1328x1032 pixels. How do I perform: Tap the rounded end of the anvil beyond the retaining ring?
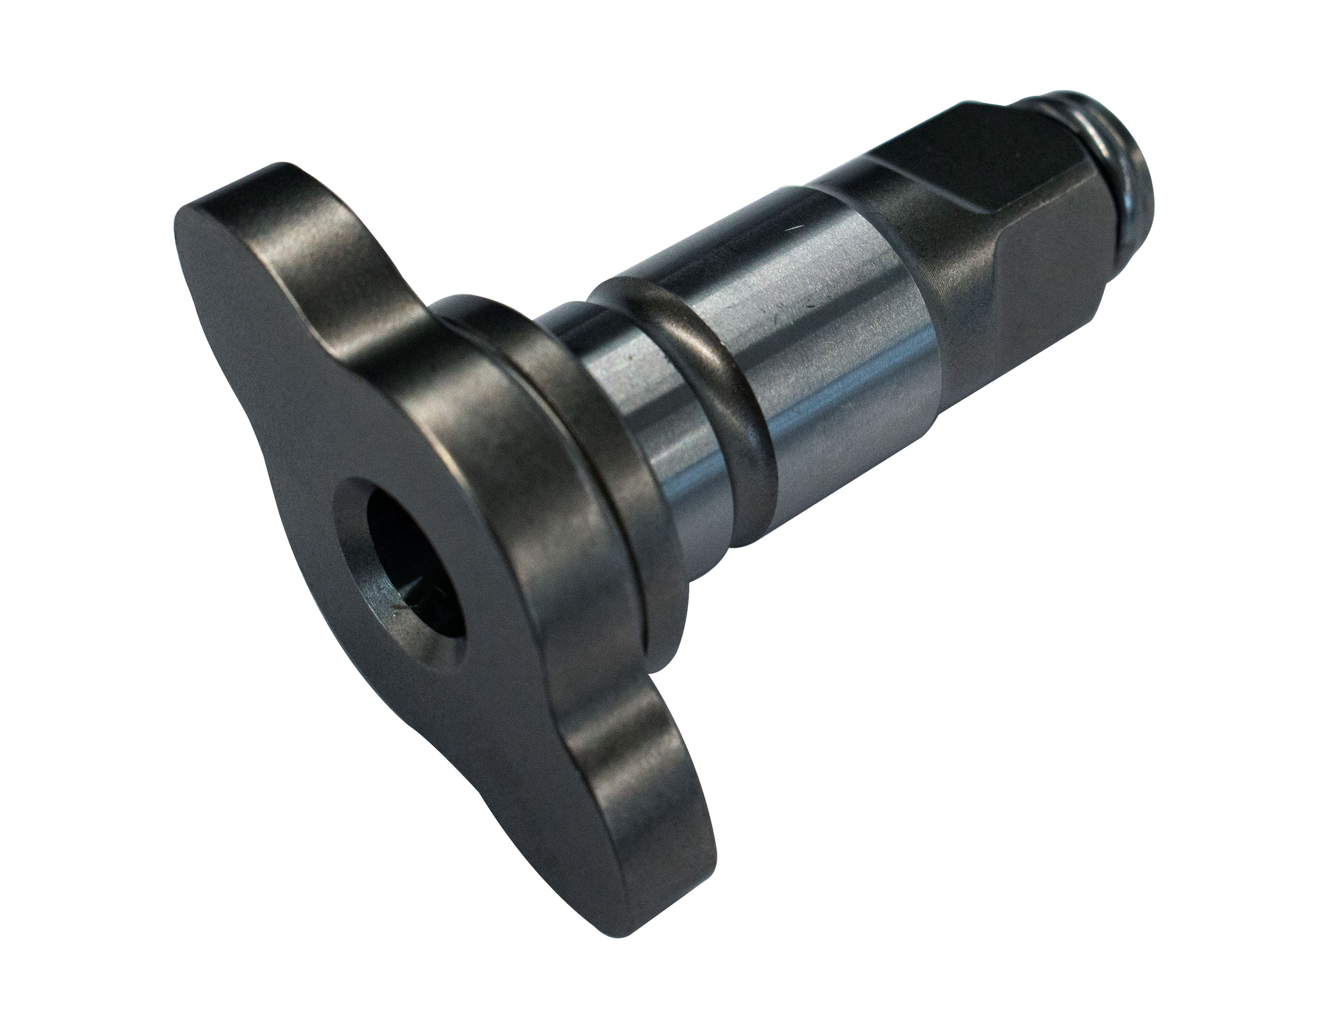pos(1149,201)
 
